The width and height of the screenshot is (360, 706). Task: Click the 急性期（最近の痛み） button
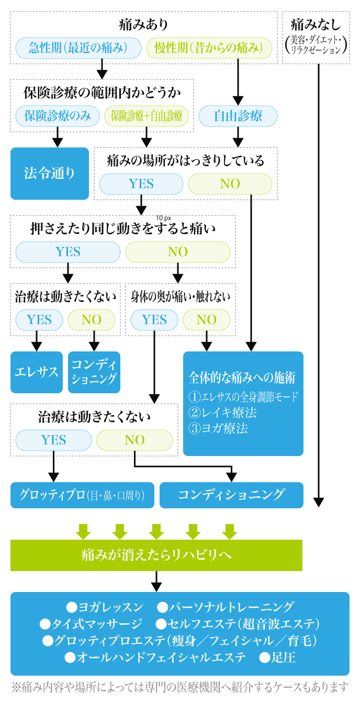(x=78, y=48)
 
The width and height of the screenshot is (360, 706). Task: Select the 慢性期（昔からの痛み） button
(x=209, y=48)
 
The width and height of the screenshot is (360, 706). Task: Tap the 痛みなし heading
(x=316, y=24)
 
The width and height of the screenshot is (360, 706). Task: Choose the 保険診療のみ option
(x=58, y=116)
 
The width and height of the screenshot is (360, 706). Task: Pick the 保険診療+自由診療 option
(x=147, y=116)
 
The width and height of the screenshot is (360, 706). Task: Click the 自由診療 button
(x=238, y=116)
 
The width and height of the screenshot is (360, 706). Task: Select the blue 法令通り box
(x=50, y=173)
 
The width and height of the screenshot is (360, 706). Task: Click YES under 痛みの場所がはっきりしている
(x=141, y=184)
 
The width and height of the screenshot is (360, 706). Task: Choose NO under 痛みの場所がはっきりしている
(x=230, y=184)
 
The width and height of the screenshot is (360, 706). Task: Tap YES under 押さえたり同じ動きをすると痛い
(x=68, y=252)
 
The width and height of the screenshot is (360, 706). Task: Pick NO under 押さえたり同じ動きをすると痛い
(x=178, y=252)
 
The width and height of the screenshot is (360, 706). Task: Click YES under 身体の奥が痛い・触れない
(x=154, y=320)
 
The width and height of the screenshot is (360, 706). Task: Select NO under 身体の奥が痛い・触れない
(x=207, y=320)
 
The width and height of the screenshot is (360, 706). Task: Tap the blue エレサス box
(x=37, y=372)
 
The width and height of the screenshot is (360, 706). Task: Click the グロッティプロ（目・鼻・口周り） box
(x=82, y=495)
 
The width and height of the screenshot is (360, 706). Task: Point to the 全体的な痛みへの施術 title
(x=242, y=378)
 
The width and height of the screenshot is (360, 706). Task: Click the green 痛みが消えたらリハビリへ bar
(x=156, y=555)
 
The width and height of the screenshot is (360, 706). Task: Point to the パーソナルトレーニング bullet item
(x=226, y=607)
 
